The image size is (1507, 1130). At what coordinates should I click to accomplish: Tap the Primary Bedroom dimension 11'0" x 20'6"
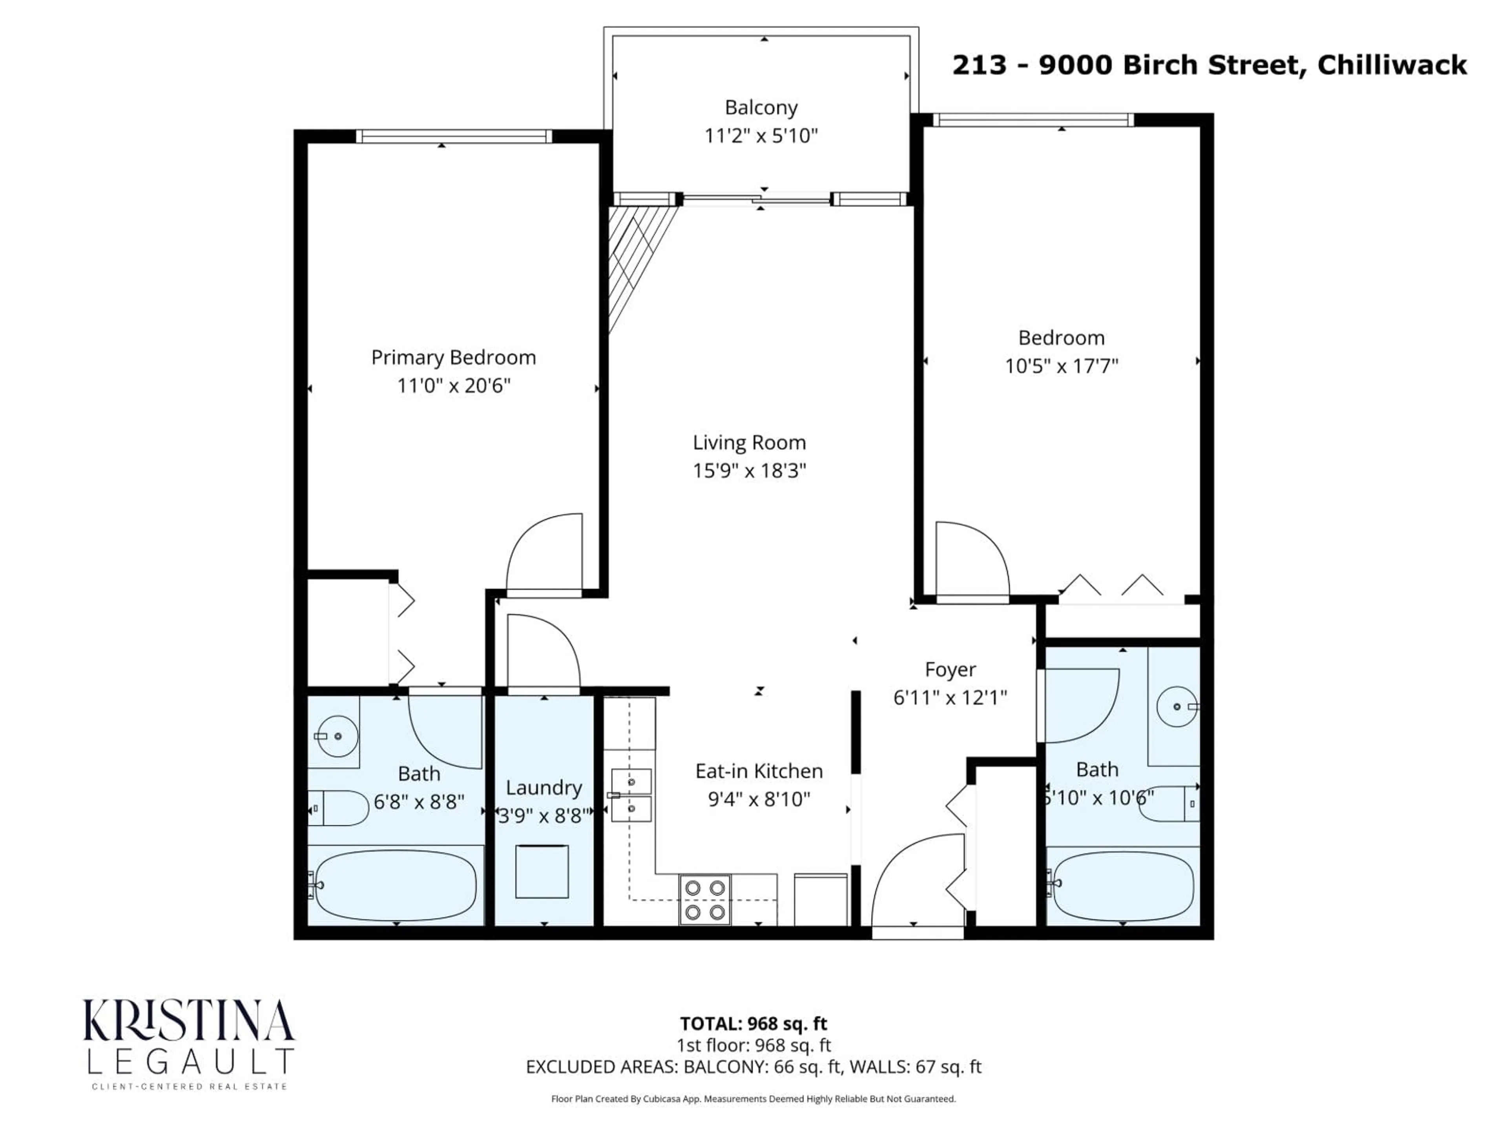tap(454, 386)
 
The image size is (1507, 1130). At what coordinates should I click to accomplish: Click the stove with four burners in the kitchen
tap(704, 899)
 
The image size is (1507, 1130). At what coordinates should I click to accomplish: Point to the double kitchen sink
tap(631, 795)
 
